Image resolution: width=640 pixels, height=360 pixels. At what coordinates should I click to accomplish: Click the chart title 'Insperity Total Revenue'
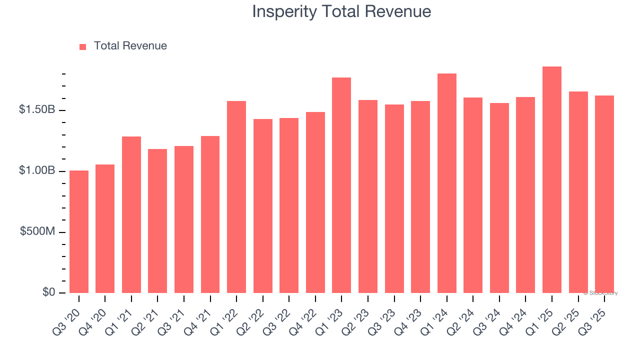coord(341,11)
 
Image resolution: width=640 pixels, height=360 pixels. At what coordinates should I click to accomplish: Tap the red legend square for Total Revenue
coord(83,46)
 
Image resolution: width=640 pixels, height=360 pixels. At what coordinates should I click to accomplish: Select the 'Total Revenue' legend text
coord(130,46)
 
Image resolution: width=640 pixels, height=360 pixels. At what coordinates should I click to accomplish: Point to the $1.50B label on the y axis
coord(37,109)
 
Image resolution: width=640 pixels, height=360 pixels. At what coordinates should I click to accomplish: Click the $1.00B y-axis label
coord(37,170)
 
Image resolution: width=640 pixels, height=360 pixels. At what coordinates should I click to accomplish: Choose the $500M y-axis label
coord(38,231)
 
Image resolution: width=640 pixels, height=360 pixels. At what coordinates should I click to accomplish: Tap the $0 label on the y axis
coord(48,292)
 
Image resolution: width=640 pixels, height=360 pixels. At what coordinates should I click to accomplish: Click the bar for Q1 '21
coord(131,215)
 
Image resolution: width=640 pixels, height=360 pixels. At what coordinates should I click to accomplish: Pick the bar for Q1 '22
coord(236,197)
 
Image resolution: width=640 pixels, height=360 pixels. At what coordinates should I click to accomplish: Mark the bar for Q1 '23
coord(341,185)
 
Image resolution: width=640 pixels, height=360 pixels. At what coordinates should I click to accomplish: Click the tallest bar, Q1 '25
coord(552,180)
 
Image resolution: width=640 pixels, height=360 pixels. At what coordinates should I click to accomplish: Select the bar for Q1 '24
coord(446,183)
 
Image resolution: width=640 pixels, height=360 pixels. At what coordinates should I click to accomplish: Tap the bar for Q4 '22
coord(315,202)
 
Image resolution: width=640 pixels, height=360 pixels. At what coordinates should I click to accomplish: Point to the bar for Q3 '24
coord(499,198)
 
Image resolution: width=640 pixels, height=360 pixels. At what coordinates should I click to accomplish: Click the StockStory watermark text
coord(600,293)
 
